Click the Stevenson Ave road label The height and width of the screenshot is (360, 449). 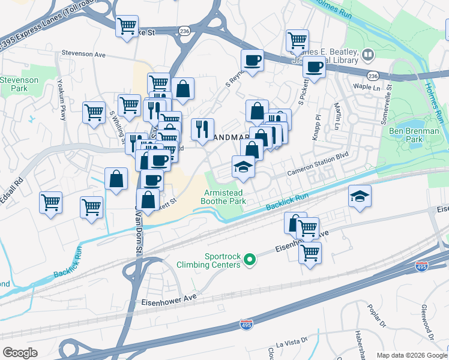pyautogui.click(x=83, y=54)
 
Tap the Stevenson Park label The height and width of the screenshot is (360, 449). pyautogui.click(x=19, y=84)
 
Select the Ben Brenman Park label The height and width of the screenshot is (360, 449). pyautogui.click(x=414, y=134)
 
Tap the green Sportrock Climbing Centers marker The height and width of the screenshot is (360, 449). pyautogui.click(x=250, y=260)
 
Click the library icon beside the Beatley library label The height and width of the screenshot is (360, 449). pyautogui.click(x=367, y=56)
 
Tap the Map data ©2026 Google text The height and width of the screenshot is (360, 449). pyautogui.click(x=412, y=355)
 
